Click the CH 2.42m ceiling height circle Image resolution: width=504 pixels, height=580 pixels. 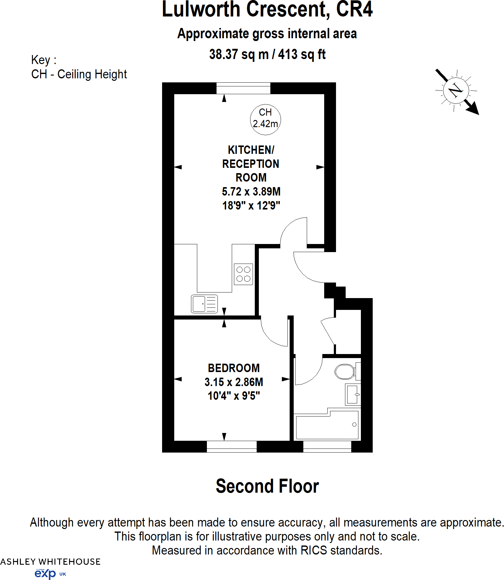click(x=265, y=119)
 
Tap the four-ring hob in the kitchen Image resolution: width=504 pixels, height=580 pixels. click(x=243, y=274)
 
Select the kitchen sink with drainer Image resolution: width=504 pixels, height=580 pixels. click(x=204, y=304)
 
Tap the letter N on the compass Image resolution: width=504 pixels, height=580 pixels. click(x=456, y=90)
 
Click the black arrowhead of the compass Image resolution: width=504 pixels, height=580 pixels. click(x=474, y=109)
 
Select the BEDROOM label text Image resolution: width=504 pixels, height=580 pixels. click(x=234, y=368)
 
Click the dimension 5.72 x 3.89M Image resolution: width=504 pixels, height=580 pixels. click(x=251, y=191)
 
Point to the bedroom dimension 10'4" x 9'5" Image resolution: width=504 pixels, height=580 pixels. click(x=234, y=396)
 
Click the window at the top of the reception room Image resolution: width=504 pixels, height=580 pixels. click(x=243, y=88)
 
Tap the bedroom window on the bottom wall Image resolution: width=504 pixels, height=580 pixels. click(x=231, y=446)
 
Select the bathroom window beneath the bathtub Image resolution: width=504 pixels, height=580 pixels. click(x=327, y=446)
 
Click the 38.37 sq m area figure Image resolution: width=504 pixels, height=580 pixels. click(x=239, y=55)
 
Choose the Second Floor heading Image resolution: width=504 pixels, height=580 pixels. click(x=267, y=486)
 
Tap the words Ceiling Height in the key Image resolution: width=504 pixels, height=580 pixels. click(x=92, y=74)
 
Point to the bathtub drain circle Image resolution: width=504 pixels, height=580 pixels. click(x=354, y=425)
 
